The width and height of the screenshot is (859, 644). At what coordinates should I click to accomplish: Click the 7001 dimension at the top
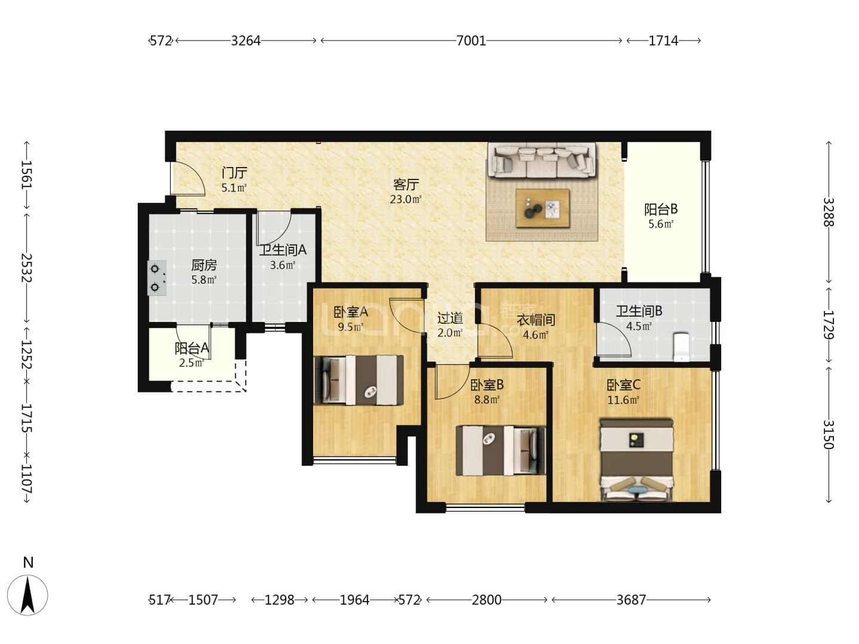tap(471, 41)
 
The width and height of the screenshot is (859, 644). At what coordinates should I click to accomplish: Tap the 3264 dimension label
tap(245, 41)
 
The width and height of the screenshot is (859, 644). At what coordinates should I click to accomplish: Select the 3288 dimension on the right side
tap(829, 212)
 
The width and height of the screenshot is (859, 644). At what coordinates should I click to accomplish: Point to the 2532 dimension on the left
tap(26, 268)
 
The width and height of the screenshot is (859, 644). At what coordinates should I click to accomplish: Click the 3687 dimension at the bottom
tap(631, 599)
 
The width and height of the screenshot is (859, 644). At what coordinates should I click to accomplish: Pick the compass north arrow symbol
tap(27, 595)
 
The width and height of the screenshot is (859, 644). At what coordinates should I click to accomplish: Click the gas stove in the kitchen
tap(156, 278)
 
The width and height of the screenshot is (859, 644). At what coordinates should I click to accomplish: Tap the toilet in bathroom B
tap(681, 346)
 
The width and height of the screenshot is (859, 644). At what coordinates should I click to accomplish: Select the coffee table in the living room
tap(542, 208)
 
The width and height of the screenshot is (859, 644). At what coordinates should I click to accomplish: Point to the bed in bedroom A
tap(359, 380)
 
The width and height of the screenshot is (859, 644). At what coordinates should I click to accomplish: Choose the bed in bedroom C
tap(636, 460)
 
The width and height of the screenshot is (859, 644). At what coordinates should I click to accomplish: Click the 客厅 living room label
tap(406, 184)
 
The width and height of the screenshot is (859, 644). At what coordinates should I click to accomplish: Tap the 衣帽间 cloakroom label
tap(536, 320)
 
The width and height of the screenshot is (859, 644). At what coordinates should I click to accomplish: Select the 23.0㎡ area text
tap(406, 199)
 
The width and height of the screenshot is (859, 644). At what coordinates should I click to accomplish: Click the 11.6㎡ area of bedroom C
tap(623, 400)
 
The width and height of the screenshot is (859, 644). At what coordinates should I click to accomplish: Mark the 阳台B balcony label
tap(661, 209)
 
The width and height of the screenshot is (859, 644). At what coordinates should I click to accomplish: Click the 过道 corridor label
tap(450, 318)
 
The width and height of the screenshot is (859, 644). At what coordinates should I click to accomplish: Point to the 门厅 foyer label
tap(234, 172)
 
